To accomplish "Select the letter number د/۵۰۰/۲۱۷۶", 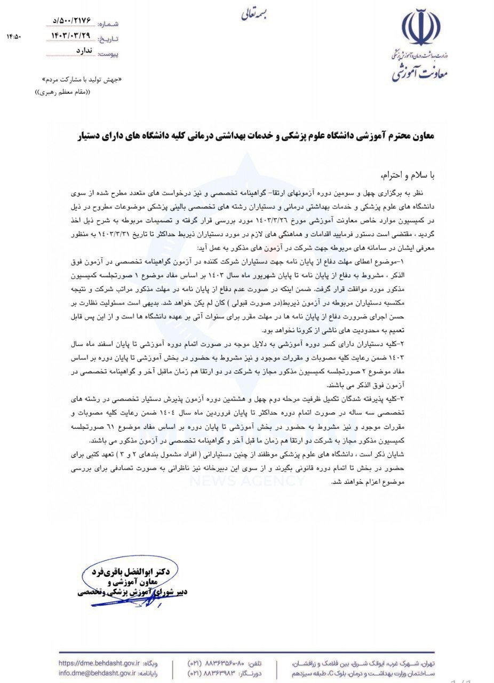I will (72, 21).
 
